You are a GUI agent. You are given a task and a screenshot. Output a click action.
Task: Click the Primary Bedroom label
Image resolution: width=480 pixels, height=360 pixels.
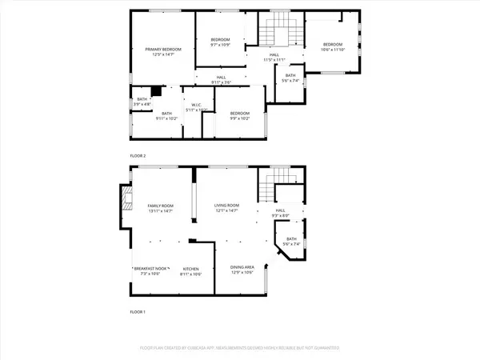pyautogui.click(x=163, y=50)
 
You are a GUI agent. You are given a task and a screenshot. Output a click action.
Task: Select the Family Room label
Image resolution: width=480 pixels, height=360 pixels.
pyautogui.click(x=160, y=206)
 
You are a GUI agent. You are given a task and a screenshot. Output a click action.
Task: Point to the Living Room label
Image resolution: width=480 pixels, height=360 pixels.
pyautogui.click(x=226, y=206)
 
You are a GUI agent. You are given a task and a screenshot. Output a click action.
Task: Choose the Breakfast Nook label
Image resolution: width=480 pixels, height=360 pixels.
pyautogui.click(x=150, y=269)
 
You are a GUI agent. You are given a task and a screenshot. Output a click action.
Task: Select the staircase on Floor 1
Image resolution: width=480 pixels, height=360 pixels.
pyautogui.click(x=278, y=188)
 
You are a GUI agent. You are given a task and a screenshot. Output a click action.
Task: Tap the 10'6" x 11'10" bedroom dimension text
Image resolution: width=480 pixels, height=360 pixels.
pyautogui.click(x=333, y=50)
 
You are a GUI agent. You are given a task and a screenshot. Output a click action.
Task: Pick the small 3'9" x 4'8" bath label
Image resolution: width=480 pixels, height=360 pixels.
pyautogui.click(x=141, y=102)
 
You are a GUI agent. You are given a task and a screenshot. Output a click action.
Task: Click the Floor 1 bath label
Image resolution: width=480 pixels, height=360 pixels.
pyautogui.click(x=290, y=239)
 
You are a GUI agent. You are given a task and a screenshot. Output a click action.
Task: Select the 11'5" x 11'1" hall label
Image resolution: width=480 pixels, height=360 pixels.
pyautogui.click(x=274, y=59)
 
